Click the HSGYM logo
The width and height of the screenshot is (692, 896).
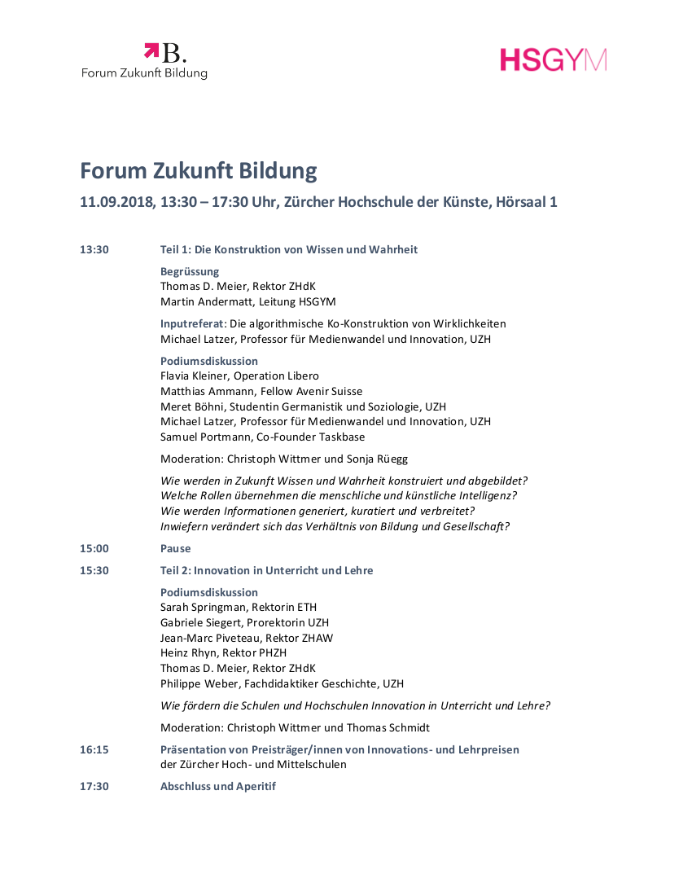click(554, 59)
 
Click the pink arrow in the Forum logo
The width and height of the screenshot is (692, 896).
click(151, 51)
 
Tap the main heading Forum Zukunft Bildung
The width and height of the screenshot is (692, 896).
click(198, 171)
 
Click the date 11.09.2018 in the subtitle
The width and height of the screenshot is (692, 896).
click(116, 202)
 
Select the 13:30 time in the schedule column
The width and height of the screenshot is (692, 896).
click(94, 249)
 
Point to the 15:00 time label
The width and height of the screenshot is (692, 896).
click(94, 548)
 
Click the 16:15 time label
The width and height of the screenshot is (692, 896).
click(94, 749)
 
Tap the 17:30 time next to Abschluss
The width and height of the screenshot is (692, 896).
click(94, 786)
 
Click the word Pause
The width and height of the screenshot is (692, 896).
click(176, 548)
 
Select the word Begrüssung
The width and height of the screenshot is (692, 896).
click(190, 271)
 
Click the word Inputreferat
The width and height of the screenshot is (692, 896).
click(192, 323)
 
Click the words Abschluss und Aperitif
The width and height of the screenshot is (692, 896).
click(218, 786)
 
